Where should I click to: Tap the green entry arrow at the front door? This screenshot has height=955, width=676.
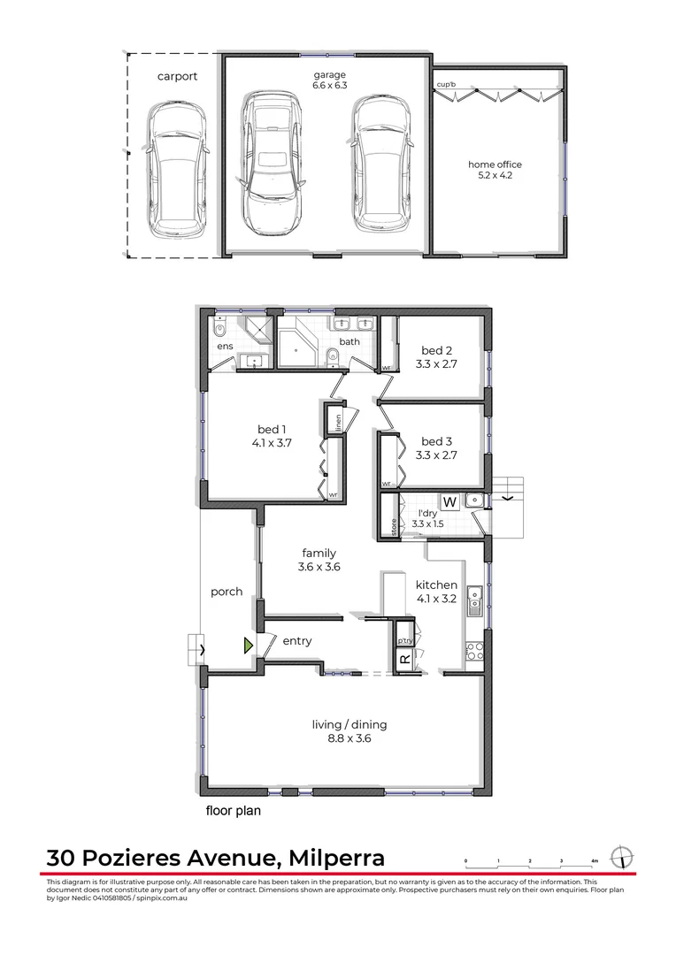point(250,646)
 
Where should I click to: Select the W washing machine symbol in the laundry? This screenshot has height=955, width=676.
point(449,502)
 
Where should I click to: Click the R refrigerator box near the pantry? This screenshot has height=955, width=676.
point(404,659)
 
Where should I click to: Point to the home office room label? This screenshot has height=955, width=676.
point(495,164)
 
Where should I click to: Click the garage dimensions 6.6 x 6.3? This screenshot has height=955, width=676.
point(328,87)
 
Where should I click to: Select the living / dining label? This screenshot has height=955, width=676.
point(350,725)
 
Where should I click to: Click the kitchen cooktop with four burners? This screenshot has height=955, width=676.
point(474,652)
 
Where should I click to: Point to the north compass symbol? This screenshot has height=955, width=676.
point(624,858)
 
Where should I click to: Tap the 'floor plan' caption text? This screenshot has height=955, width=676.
point(233,810)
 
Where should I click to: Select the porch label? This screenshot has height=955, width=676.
point(227,592)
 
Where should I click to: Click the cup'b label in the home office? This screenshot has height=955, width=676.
point(446,85)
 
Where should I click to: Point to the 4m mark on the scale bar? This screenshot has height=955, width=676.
point(595,861)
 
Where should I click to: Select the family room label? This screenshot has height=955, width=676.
point(319,554)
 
